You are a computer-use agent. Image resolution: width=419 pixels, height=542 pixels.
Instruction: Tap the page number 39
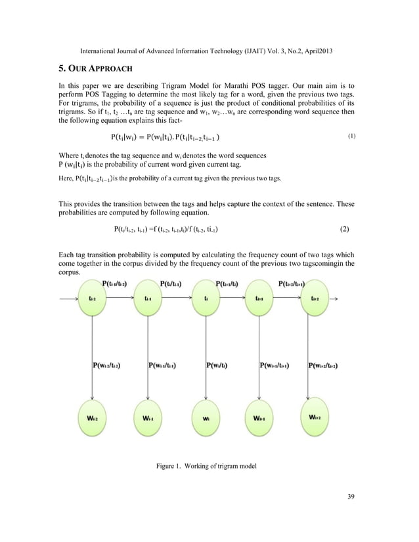tap(350, 513)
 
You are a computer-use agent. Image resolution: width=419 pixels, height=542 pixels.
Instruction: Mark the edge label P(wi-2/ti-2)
tap(106, 365)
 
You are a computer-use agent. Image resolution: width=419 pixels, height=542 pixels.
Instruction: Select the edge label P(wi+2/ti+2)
tap(332, 365)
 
